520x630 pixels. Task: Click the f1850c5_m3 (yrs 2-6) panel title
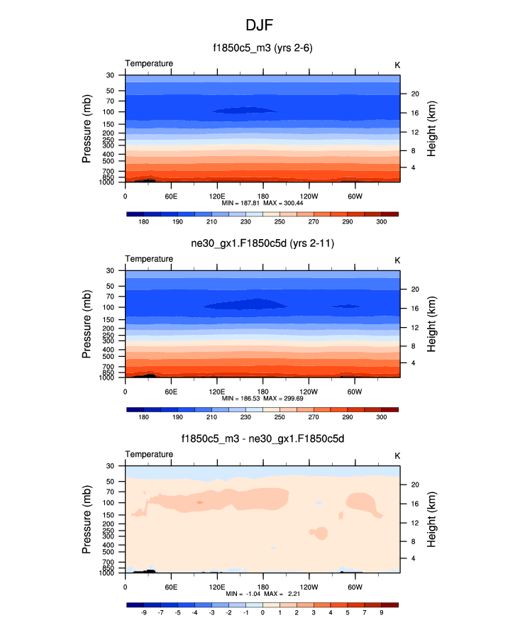(262, 48)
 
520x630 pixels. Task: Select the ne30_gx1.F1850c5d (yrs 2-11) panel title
(262, 244)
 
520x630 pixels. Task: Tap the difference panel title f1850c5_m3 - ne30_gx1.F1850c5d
(262, 438)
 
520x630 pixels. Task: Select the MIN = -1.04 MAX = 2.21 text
(262, 594)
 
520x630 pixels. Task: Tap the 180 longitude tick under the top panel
(263, 196)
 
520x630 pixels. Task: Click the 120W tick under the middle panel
(309, 392)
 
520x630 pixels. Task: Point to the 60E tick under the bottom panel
(171, 587)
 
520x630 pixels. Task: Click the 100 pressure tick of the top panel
(111, 112)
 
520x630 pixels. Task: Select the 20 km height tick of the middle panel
(414, 289)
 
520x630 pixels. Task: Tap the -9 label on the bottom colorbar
(144, 612)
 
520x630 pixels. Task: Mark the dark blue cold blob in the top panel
(245, 110)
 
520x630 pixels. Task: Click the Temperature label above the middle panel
(149, 259)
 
